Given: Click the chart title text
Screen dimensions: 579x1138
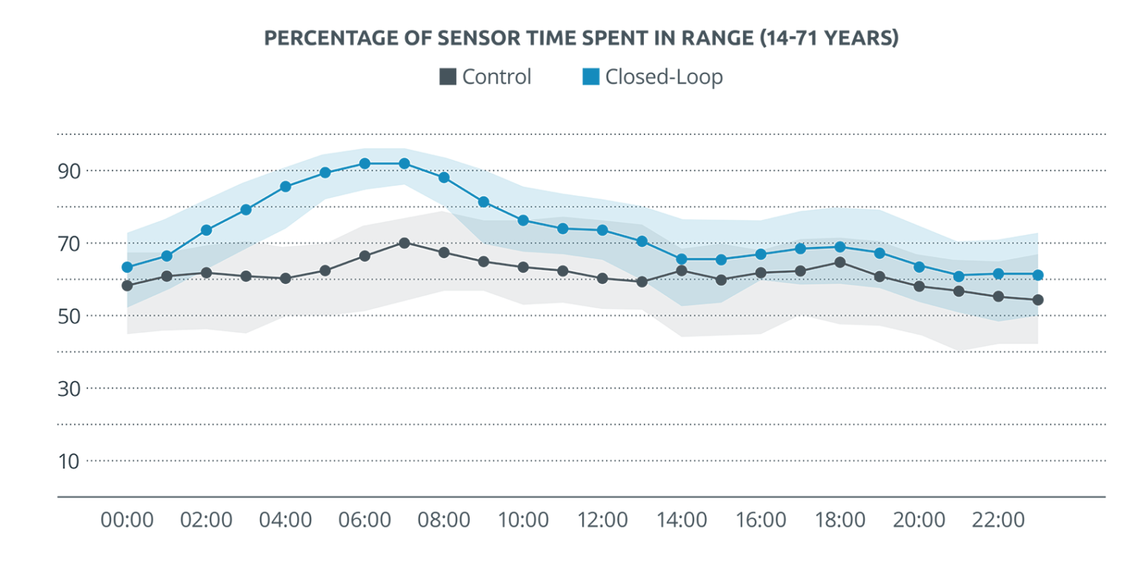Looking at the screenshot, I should click(581, 39).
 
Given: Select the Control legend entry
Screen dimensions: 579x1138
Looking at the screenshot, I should click(485, 77).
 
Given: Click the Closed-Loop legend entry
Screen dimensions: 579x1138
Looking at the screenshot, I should click(652, 77).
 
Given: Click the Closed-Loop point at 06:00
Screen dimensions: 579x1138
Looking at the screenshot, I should click(365, 163).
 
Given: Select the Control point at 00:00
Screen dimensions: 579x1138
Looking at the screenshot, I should click(127, 285).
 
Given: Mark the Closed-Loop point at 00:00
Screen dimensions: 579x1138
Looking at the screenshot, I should click(127, 267).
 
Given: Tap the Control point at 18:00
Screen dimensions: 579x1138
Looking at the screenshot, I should click(839, 262).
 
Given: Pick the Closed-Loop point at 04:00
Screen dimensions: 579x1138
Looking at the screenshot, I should click(285, 186).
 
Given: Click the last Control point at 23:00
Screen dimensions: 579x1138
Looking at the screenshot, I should click(1037, 300).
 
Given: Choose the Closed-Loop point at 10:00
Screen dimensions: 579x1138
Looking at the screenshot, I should click(523, 220).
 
